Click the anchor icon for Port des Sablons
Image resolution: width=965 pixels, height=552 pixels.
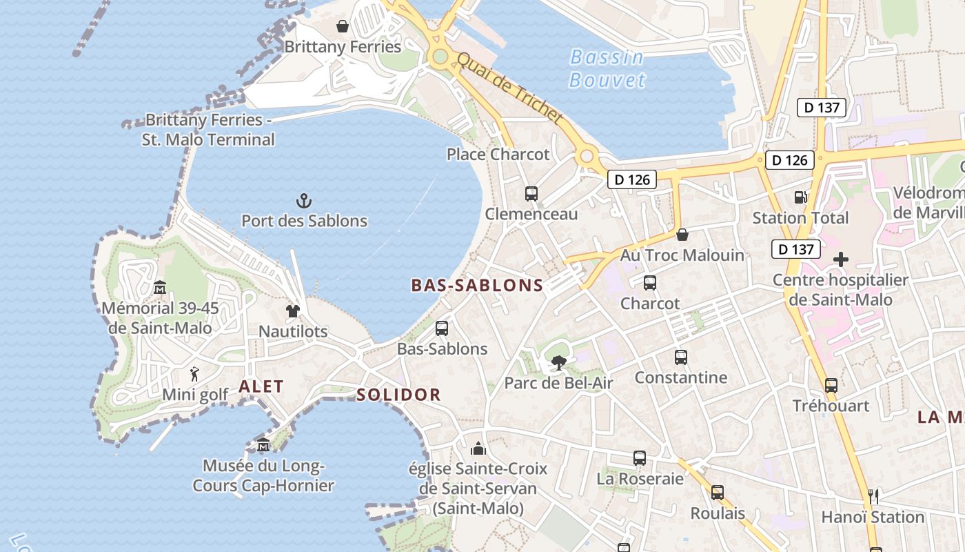pos(304,201)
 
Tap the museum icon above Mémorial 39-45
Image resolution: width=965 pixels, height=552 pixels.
pos(160,287)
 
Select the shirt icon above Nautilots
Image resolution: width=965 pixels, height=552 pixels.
pos(293,311)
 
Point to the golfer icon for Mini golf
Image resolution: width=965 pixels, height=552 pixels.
pos(195,375)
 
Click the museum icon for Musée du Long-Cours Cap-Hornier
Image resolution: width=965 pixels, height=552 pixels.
pos(263,445)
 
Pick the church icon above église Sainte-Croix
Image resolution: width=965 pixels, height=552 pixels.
pos(478,449)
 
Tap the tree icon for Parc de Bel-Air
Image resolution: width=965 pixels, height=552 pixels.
pos(558,362)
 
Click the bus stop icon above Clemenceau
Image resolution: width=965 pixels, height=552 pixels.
pos(531,194)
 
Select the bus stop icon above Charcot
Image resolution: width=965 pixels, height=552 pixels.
pos(649,282)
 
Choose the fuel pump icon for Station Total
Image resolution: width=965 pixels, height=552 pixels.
pos(800,197)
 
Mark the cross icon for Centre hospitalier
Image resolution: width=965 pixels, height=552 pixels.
pos(840,260)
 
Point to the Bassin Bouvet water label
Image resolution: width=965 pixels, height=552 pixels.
pos(607,68)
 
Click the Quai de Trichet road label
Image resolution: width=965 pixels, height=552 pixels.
pos(509,89)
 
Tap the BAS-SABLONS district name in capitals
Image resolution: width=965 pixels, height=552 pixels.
pos(477,286)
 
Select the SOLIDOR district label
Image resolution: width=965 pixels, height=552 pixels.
pos(398,395)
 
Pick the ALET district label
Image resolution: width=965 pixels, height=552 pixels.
pos(261,386)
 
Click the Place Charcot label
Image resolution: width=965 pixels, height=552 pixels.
pos(498,154)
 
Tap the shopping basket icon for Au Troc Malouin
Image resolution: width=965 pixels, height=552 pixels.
pos(682,235)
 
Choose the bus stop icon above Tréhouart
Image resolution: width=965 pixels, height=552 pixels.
pos(831,385)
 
